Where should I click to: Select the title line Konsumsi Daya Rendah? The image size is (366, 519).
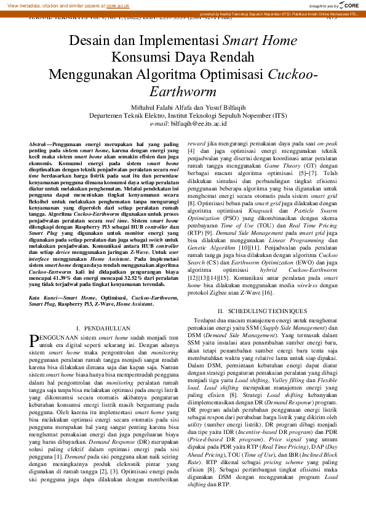[x=183, y=58]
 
